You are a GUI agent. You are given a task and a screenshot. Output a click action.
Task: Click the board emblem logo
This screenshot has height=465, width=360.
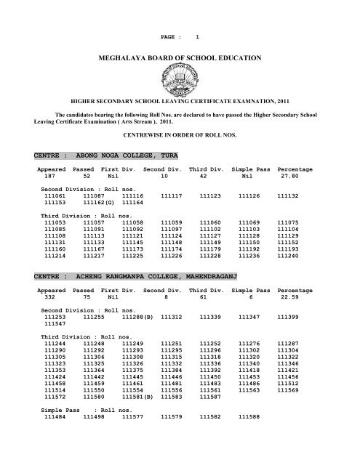point(180,75)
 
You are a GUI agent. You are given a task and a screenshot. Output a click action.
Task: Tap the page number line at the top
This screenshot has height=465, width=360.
point(180,16)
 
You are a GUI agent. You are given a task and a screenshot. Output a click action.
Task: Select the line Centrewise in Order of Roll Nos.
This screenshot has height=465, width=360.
point(180,134)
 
